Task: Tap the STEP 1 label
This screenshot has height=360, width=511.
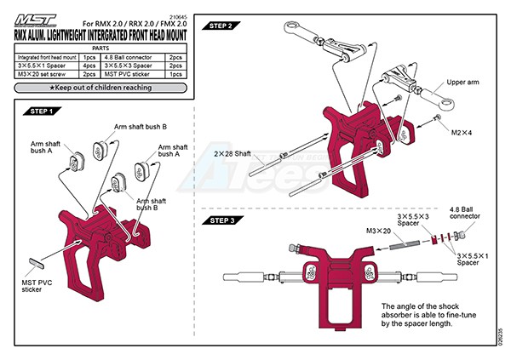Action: pos(42,111)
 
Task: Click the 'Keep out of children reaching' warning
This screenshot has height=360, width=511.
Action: pos(100,88)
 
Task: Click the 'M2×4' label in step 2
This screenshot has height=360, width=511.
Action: pos(462,133)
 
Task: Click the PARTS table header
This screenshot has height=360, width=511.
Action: pos(100,48)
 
